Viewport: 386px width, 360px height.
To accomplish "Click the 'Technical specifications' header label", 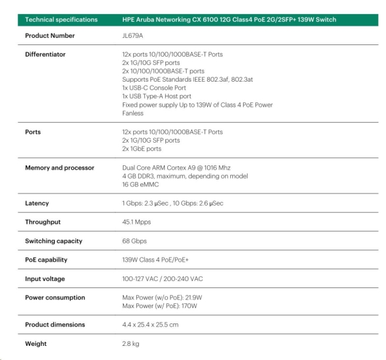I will pyautogui.click(x=61, y=20).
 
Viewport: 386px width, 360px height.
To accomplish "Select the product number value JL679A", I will pyautogui.click(x=133, y=36).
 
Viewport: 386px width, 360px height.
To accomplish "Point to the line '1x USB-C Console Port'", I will pyautogui.click(x=153, y=87).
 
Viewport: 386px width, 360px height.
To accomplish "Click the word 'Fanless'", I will pyautogui.click(x=133, y=113).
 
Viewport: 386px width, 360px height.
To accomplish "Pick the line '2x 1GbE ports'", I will pyautogui.click(x=142, y=148).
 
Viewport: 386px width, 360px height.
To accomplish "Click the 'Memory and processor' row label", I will pyautogui.click(x=59, y=168).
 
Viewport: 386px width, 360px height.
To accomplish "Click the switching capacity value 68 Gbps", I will pyautogui.click(x=134, y=241).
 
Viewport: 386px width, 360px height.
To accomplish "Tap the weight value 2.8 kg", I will pyautogui.click(x=131, y=343).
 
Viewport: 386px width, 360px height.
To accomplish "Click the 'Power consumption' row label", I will pyautogui.click(x=55, y=298).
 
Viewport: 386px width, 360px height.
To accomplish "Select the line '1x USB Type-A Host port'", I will pyautogui.click(x=156, y=96).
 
